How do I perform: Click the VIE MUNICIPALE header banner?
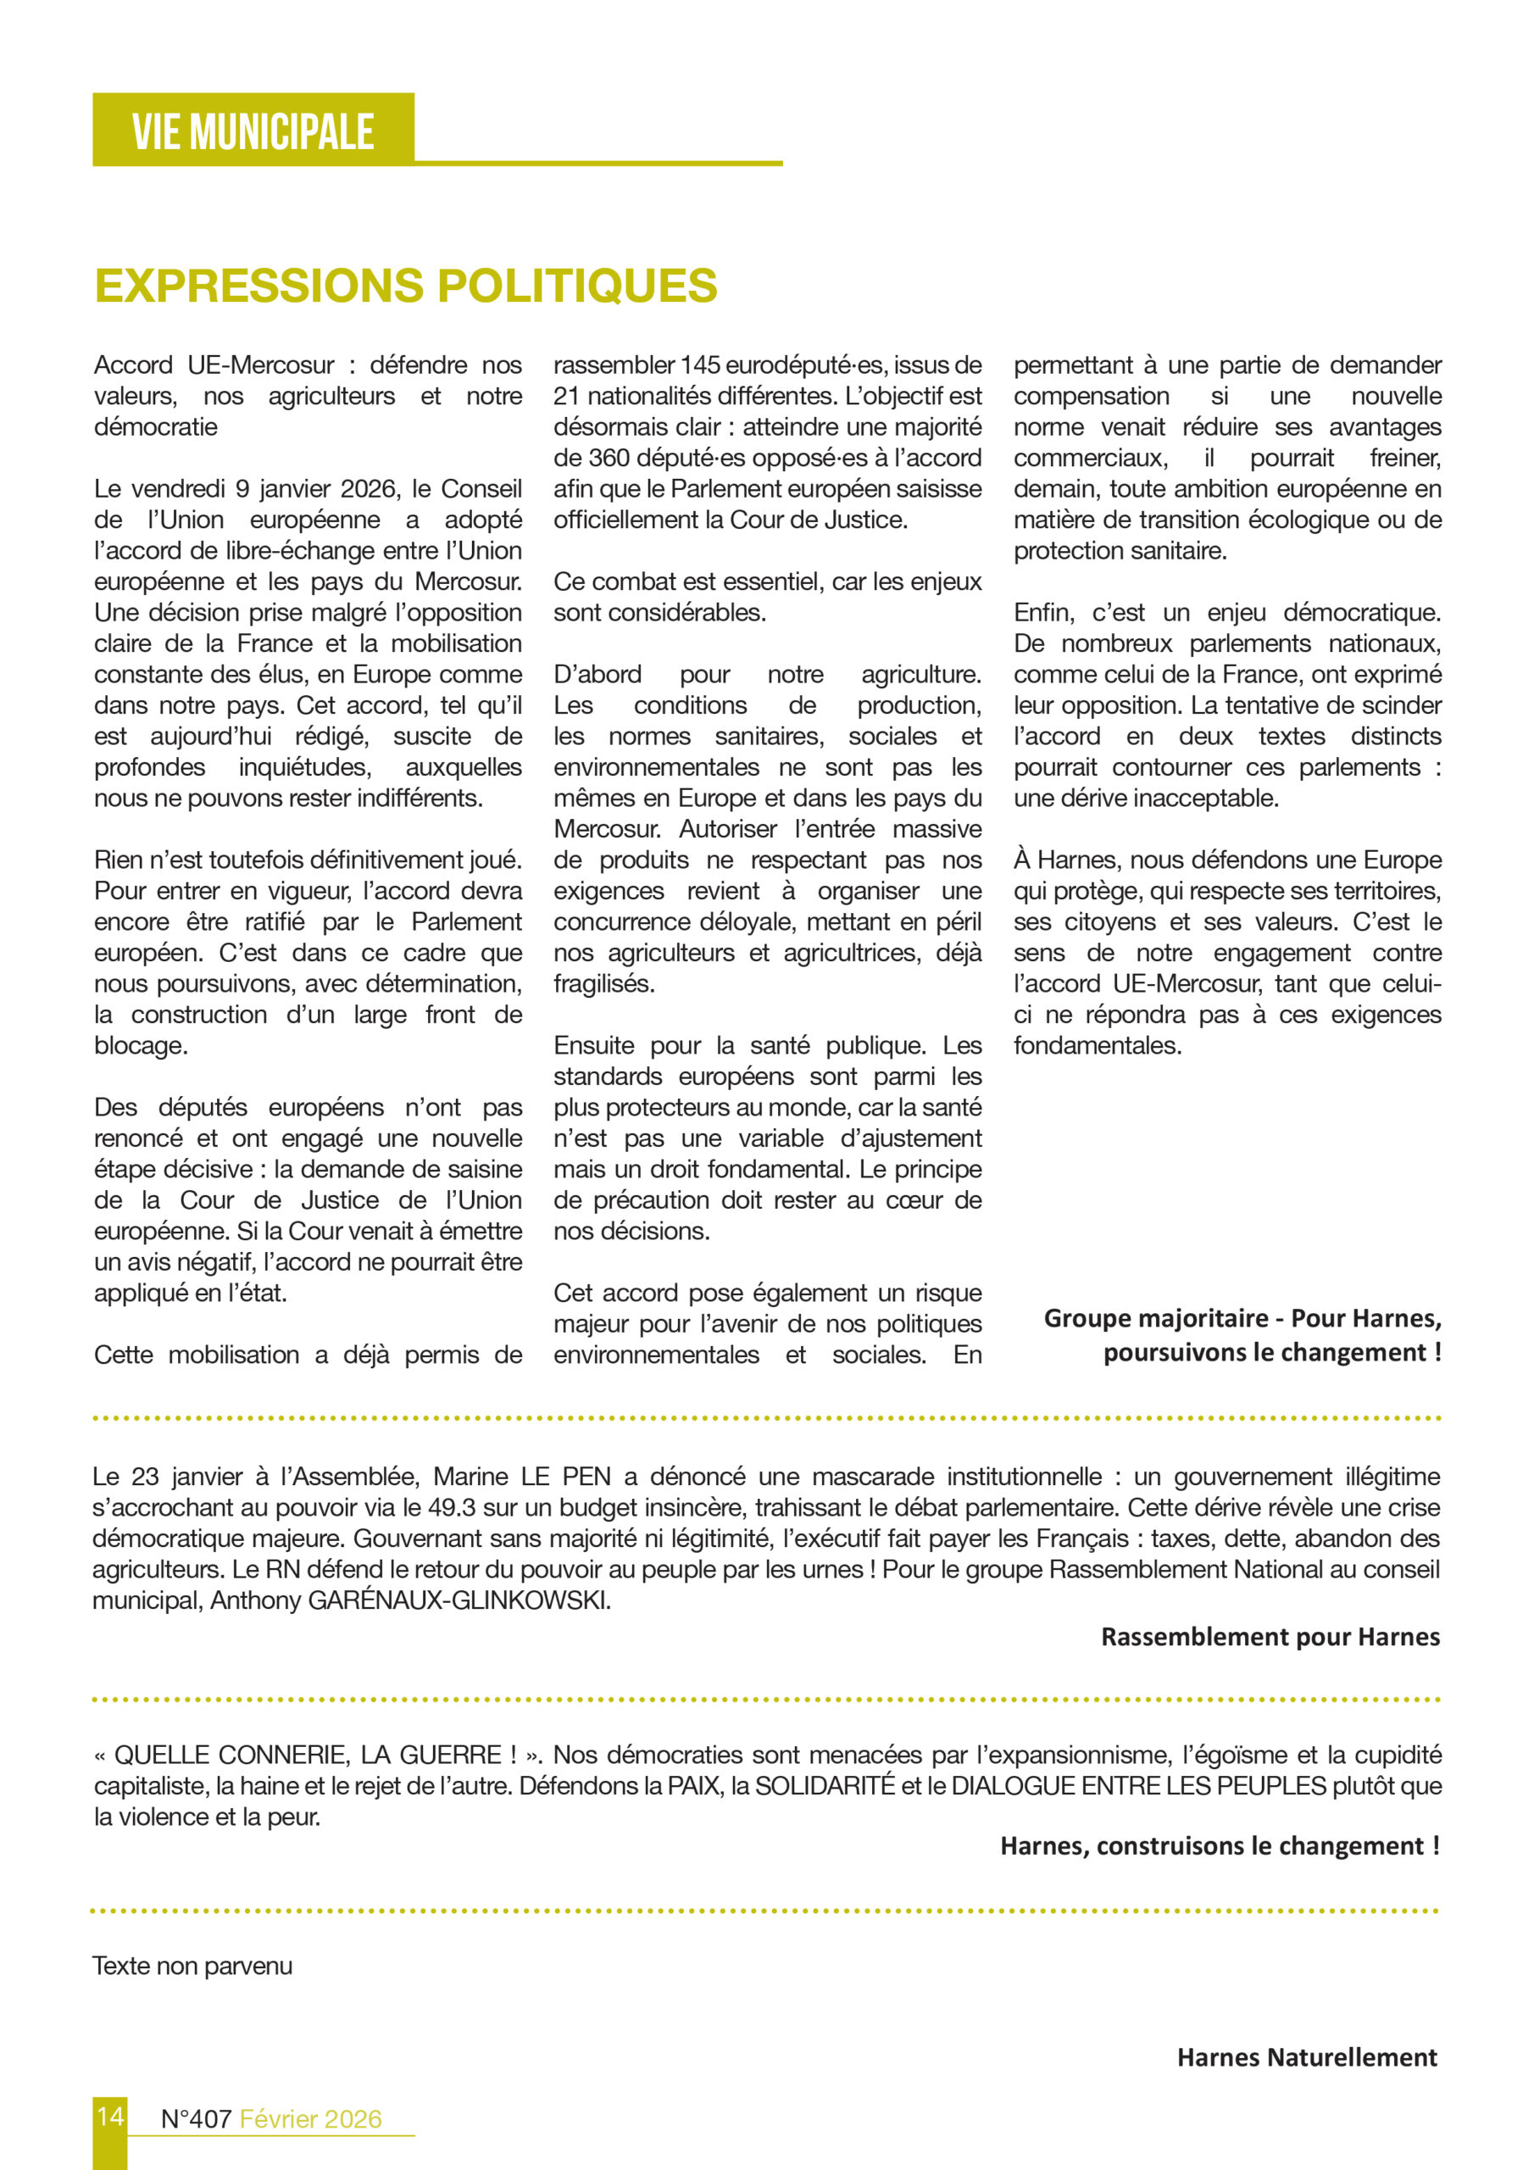click(x=253, y=131)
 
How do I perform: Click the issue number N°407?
click(x=196, y=2119)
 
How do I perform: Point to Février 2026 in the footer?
click(x=311, y=2119)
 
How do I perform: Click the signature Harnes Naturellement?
click(x=1306, y=2056)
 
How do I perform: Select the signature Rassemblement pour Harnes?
click(x=1270, y=1636)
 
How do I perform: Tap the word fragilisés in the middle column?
click(x=604, y=984)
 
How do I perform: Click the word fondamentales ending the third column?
click(x=1098, y=1045)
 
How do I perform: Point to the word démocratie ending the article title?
click(x=156, y=427)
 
